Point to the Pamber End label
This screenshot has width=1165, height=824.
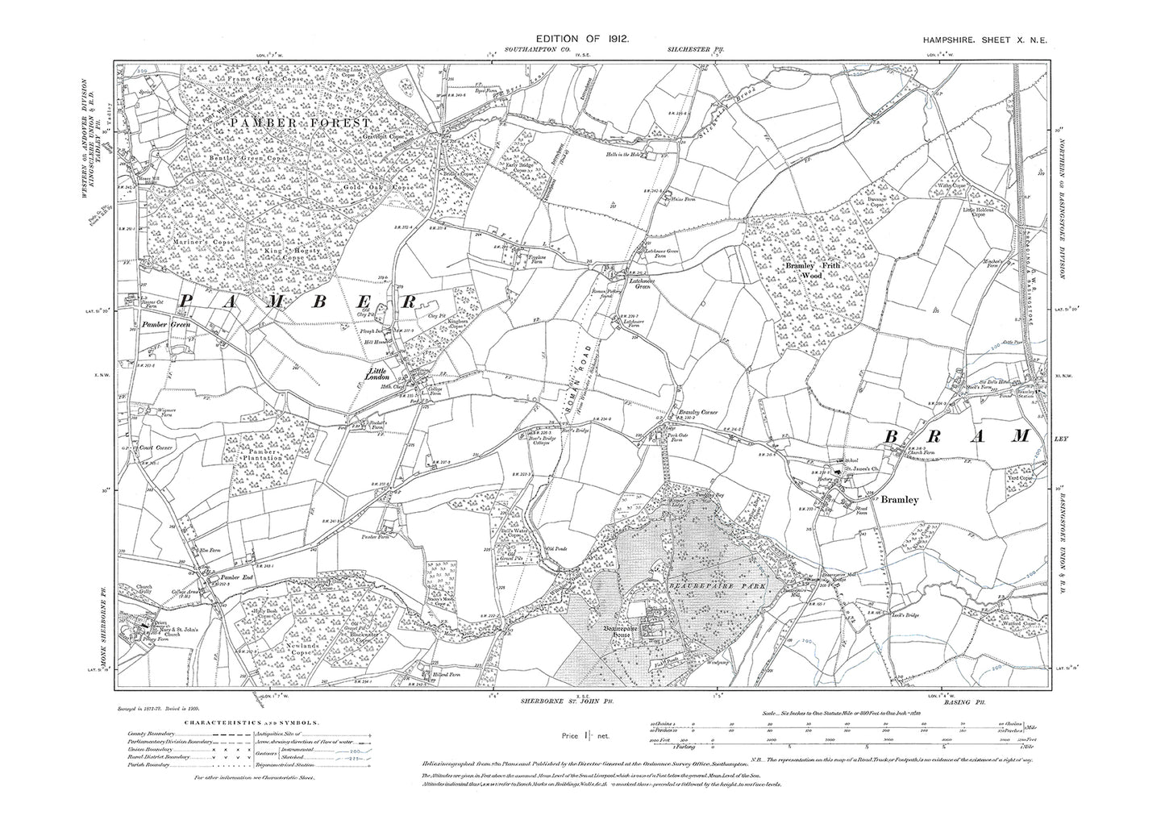233,577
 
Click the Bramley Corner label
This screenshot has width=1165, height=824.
698,413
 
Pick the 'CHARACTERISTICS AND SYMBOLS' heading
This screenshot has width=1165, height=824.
252,724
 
